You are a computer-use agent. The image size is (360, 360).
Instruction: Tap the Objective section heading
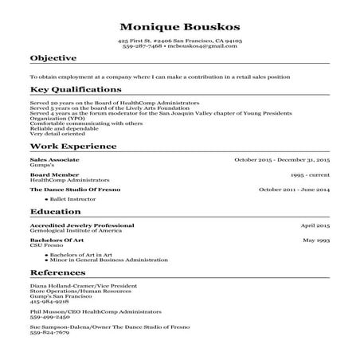(x=53, y=58)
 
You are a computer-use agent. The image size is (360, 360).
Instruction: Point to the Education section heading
(x=54, y=213)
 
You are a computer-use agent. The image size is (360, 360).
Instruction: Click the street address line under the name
(x=179, y=40)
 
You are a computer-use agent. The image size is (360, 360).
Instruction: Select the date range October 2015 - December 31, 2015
(x=282, y=160)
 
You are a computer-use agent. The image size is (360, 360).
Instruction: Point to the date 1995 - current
(x=310, y=174)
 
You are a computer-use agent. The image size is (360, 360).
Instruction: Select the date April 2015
(x=315, y=225)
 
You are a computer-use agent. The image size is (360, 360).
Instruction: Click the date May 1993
(x=316, y=240)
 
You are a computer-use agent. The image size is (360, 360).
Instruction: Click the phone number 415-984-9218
(x=49, y=303)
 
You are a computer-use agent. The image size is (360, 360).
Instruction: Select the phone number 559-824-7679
(x=49, y=332)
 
